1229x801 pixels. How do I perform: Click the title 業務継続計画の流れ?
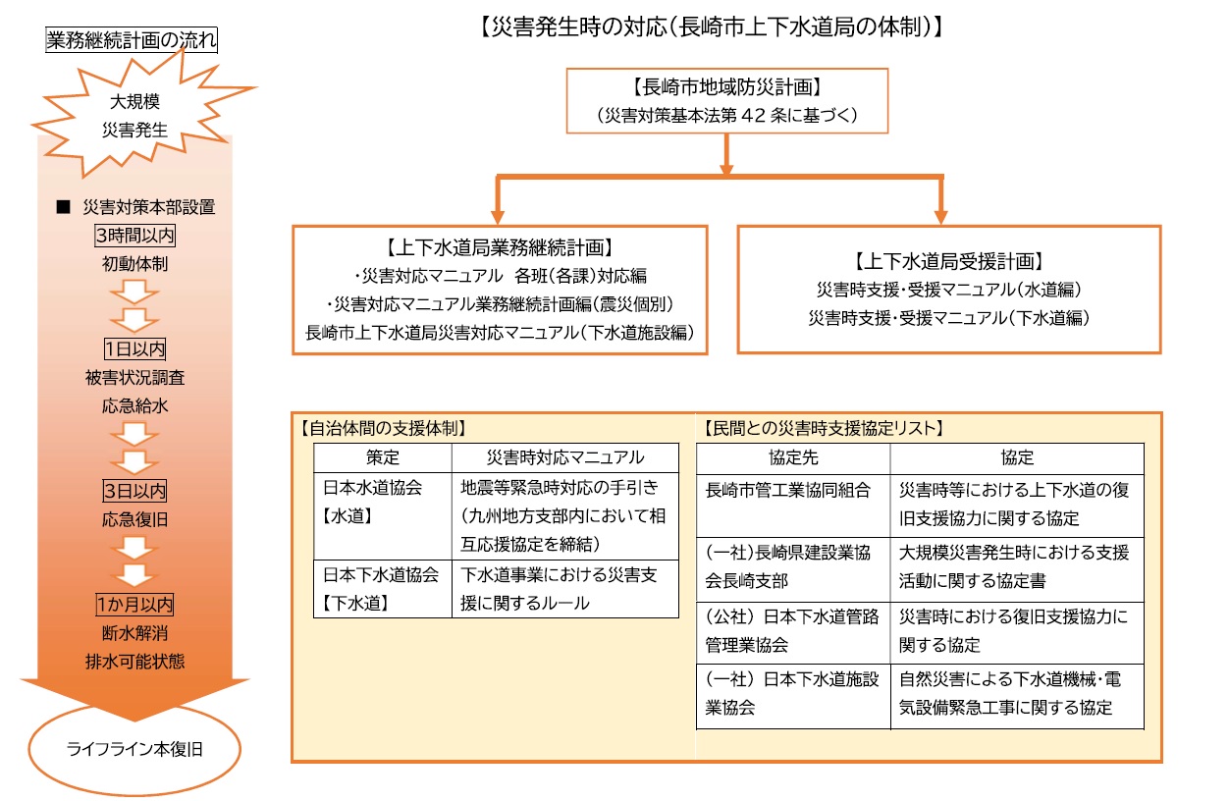[132, 40]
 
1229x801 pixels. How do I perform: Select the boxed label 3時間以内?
[134, 236]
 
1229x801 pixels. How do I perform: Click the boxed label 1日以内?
[134, 348]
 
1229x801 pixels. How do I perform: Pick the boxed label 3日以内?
[134, 491]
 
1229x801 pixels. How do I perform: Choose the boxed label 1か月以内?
[134, 604]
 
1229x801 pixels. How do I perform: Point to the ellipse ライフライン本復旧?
[134, 749]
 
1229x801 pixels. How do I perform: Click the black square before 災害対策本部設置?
[63, 207]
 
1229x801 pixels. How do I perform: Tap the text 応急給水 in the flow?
[134, 406]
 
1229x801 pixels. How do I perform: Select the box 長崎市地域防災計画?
[727, 101]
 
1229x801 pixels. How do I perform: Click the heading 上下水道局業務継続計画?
[500, 248]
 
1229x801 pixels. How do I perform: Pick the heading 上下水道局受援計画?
[948, 262]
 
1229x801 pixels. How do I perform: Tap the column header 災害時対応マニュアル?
[565, 457]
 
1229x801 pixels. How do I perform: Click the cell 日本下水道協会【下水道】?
[383, 589]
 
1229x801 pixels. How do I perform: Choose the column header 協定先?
[793, 457]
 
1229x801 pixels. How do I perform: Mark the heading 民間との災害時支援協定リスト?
[823, 428]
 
